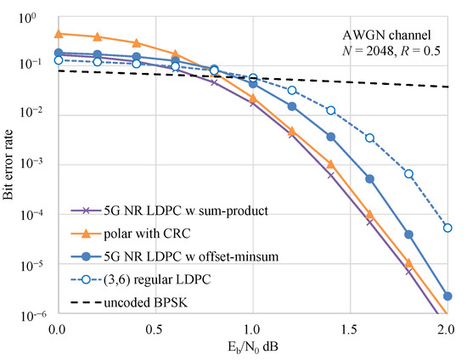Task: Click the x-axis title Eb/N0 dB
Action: click(x=252, y=347)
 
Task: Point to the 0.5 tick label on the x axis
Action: click(x=155, y=327)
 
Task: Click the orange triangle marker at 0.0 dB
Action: click(x=59, y=34)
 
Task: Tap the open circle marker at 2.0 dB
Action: click(x=447, y=228)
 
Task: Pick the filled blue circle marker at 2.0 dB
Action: click(x=447, y=296)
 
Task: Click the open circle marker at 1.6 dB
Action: click(x=369, y=138)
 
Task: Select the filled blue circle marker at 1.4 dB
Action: click(x=330, y=137)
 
